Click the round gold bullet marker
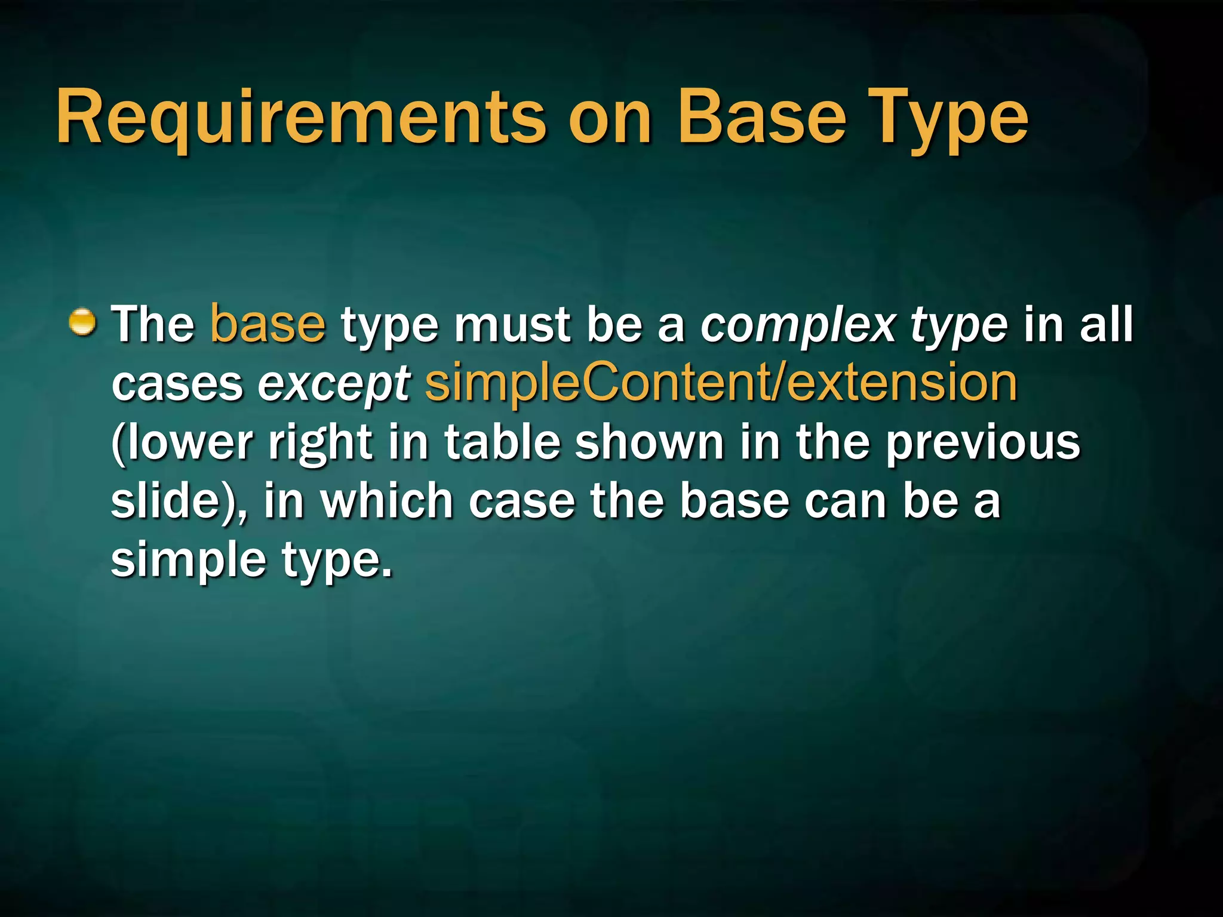(x=82, y=323)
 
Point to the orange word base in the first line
(x=268, y=324)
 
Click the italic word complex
(x=798, y=326)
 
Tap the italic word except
(x=333, y=384)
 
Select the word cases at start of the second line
(x=177, y=384)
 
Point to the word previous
(x=983, y=443)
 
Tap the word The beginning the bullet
(x=153, y=324)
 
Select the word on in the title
(x=610, y=118)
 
